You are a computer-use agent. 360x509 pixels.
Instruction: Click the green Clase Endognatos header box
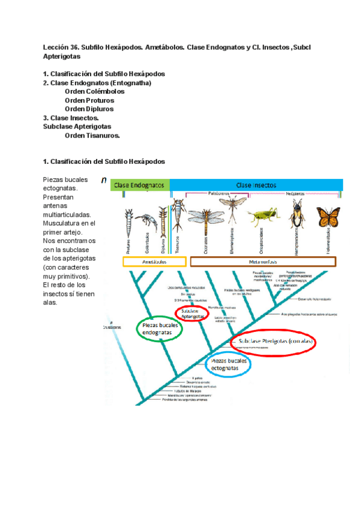point(139,185)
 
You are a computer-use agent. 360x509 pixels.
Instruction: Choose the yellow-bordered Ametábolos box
point(154,262)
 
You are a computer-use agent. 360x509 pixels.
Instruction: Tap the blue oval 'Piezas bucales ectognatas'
point(229,364)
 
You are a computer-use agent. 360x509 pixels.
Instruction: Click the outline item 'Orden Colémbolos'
point(95,92)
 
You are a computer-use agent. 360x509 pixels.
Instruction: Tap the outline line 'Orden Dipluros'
point(89,109)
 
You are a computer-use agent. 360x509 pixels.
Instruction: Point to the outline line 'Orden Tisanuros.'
point(92,136)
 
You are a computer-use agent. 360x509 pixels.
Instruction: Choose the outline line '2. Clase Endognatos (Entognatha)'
point(97,83)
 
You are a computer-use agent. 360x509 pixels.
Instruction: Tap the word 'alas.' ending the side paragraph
point(50,303)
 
